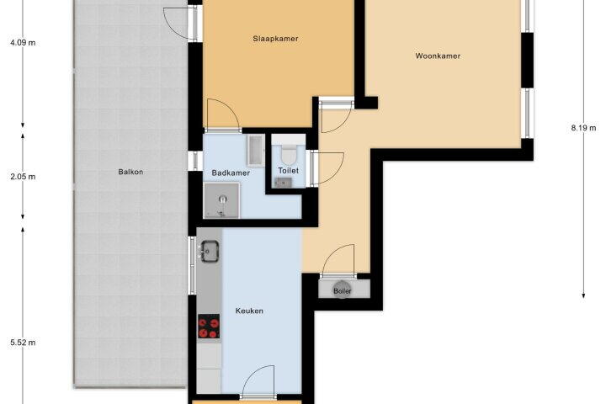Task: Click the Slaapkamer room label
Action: (275, 39)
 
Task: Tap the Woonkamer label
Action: (438, 56)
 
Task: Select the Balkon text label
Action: (130, 172)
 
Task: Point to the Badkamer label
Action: (231, 173)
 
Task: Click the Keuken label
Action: (249, 311)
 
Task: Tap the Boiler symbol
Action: (342, 289)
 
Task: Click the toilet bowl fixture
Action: (289, 154)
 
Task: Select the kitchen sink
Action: (209, 252)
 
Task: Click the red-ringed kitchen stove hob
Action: (209, 327)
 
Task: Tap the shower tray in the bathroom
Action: (221, 200)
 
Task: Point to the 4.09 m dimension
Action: (23, 43)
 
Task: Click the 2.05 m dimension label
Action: (23, 177)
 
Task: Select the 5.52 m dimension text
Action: (23, 343)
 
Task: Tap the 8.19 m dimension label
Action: (583, 128)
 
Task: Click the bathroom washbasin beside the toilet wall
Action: (256, 150)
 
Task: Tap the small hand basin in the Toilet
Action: (284, 183)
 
